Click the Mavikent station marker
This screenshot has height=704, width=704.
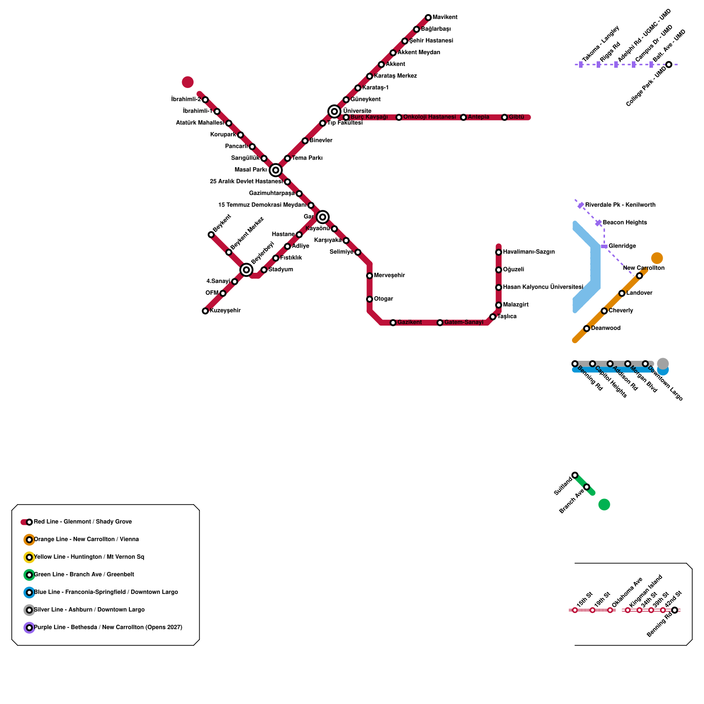click(x=428, y=18)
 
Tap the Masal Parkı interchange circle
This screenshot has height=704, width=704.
click(x=276, y=170)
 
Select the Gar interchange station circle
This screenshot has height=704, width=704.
click(x=323, y=216)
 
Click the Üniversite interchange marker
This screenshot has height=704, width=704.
click(x=334, y=111)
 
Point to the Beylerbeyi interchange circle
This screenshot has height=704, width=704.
click(x=246, y=269)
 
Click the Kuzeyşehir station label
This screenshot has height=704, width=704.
click(x=225, y=311)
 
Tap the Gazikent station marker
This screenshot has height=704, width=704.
click(x=393, y=323)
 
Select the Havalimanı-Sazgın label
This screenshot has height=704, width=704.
click(x=529, y=252)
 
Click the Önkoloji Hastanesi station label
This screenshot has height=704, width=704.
click(x=429, y=117)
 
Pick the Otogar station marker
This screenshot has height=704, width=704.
click(x=370, y=299)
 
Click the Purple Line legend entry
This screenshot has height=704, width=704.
click(x=108, y=627)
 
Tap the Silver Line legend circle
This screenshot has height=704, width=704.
click(x=29, y=610)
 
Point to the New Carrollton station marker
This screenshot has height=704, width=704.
click(x=639, y=276)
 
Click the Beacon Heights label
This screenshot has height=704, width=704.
click(x=625, y=223)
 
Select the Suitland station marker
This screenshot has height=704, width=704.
click(x=575, y=475)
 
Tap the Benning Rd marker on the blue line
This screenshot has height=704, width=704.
click(x=575, y=364)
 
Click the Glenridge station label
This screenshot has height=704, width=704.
click(x=622, y=246)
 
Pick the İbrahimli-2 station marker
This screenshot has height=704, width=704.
click(x=205, y=100)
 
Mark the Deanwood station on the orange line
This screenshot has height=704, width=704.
click(x=587, y=328)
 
